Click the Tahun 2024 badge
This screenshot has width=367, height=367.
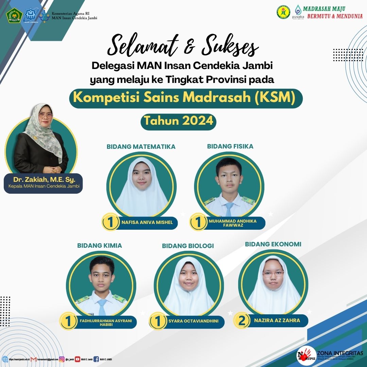point(178,121)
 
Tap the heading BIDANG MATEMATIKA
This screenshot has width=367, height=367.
point(141,147)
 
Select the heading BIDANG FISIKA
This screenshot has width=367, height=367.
point(230,146)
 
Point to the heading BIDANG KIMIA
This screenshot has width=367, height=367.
point(100,245)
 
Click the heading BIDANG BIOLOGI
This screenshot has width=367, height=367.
point(188,246)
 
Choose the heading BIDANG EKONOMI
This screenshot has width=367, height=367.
point(273,244)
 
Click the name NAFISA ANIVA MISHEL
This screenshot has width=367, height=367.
point(147,223)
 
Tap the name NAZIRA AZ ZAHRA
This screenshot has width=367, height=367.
point(277,320)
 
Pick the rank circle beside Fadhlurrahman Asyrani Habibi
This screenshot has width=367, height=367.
point(68,321)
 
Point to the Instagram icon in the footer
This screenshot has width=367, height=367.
point(62,359)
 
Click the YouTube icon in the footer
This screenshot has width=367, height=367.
point(77,359)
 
